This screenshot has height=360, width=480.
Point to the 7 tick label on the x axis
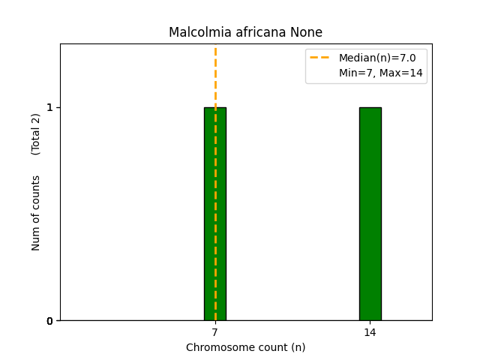point(215,332)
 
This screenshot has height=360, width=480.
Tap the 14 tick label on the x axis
point(370,332)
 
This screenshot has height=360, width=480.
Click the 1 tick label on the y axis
point(49,107)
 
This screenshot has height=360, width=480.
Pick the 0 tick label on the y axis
point(49,321)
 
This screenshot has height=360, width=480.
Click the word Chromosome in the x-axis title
point(215,347)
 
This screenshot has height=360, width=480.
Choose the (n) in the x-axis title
point(298,347)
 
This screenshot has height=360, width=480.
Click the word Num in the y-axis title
point(36,239)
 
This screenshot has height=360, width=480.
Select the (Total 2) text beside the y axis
point(36,133)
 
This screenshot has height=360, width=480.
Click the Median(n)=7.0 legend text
point(377,58)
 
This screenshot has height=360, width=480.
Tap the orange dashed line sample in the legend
point(320,58)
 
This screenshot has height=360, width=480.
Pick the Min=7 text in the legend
point(354,73)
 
